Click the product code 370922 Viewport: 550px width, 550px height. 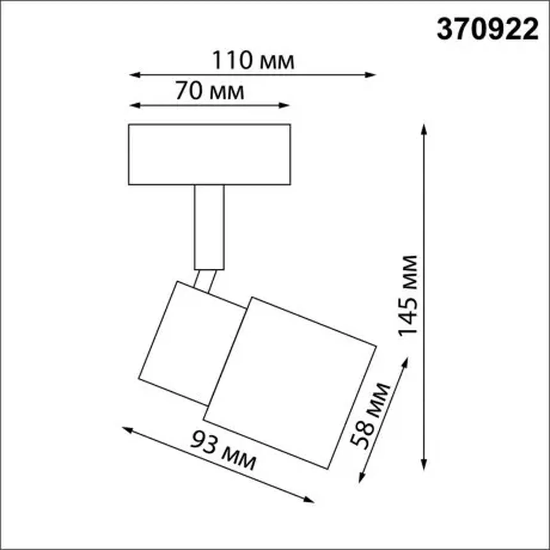(x=487, y=29)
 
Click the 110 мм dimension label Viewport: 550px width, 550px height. (x=253, y=60)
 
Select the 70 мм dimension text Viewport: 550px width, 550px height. (x=210, y=91)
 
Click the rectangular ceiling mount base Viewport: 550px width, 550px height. (x=209, y=154)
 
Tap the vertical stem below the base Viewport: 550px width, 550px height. (x=209, y=227)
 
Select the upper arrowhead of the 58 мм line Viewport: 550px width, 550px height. (x=405, y=362)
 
